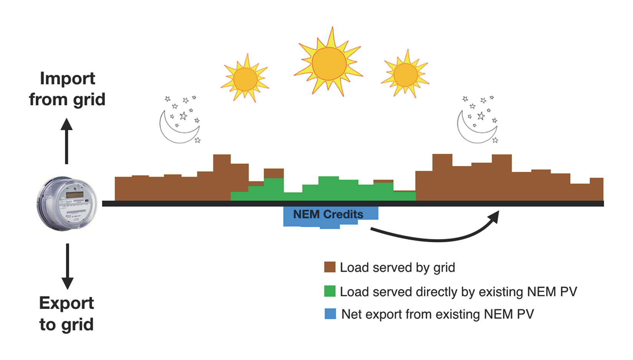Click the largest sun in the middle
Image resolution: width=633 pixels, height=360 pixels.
[x=329, y=64]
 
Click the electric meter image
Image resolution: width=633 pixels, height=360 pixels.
[x=67, y=203]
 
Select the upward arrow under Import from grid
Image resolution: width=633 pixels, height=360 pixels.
[x=67, y=141]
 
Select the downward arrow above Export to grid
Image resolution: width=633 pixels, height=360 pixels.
[x=68, y=266]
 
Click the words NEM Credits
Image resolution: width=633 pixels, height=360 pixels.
[x=328, y=215]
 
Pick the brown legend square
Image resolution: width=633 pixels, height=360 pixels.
[x=330, y=267]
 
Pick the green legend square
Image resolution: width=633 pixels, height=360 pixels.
[x=330, y=291]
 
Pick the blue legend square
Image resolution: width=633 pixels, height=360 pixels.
[x=330, y=314]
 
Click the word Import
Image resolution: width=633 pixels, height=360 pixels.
[x=68, y=79]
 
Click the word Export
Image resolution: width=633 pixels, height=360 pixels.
[x=66, y=304]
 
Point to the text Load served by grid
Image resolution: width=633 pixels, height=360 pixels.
[x=397, y=268]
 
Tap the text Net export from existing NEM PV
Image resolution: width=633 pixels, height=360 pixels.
[x=437, y=314]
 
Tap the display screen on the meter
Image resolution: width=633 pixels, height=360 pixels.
[x=74, y=195]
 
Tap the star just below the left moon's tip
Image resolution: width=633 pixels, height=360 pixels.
[x=198, y=140]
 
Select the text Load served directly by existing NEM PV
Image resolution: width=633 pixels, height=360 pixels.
[x=458, y=292]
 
